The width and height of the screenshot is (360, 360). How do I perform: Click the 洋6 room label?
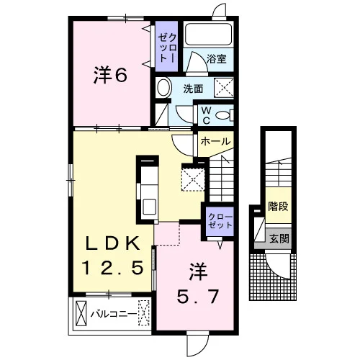tap(110, 76)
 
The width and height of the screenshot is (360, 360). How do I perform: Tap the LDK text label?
tap(113, 244)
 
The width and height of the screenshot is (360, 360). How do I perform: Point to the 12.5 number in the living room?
tap(113, 267)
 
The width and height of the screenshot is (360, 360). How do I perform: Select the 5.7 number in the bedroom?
tap(198, 297)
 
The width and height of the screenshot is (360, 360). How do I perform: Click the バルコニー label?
tap(114, 314)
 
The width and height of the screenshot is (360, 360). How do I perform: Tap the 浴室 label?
tap(217, 59)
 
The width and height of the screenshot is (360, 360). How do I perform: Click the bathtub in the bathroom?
tap(208, 34)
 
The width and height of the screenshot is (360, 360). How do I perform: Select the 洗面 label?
tap(193, 89)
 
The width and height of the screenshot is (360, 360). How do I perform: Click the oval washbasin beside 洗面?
tap(164, 88)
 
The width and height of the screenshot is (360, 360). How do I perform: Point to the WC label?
tap(206, 116)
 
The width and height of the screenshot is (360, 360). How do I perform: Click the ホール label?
tap(215, 141)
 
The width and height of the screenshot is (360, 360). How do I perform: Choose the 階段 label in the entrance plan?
tap(278, 206)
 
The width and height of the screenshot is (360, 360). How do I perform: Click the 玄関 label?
tap(279, 238)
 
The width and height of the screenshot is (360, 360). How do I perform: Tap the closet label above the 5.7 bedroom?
tap(220, 221)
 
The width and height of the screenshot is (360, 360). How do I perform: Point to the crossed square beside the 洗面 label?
tap(223, 88)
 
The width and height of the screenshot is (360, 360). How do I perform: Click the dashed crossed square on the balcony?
tap(143, 313)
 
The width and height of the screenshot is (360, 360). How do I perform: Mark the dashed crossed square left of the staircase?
tap(193, 180)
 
